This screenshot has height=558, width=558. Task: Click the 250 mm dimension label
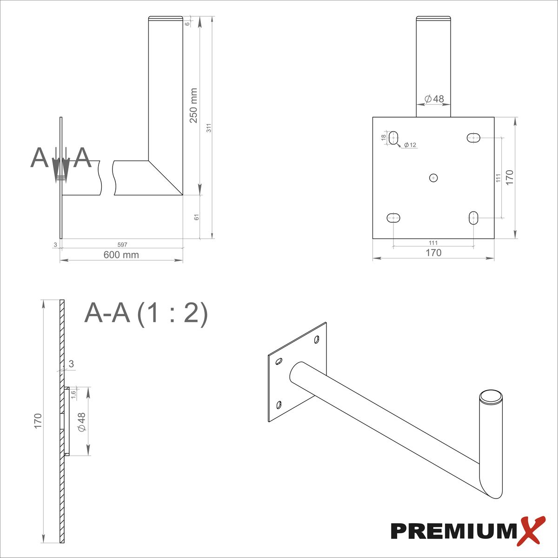point(193,106)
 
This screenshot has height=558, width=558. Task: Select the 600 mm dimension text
point(121,255)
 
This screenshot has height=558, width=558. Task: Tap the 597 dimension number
point(122,245)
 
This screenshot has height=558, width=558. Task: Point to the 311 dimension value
point(209,128)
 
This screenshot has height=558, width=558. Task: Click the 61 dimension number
point(197,217)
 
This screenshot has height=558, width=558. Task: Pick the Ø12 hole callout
point(410,145)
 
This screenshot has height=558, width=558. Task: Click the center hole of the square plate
point(433,178)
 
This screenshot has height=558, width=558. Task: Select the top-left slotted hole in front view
point(393,138)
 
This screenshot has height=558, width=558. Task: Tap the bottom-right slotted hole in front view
point(474,217)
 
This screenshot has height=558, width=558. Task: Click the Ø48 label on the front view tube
point(434,99)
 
